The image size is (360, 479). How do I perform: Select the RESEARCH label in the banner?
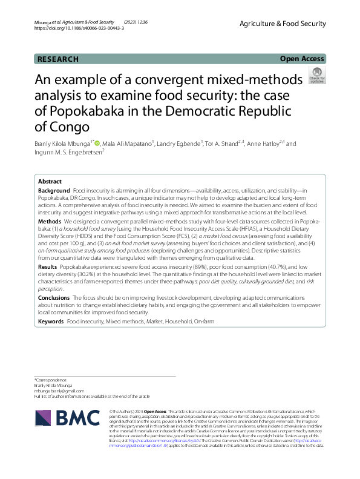tap(58, 59)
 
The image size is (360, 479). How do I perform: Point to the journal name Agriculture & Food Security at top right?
tap(283, 24)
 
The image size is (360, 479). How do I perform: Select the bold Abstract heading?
tap(50, 182)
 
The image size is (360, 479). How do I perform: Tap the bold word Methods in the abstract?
tap(49, 222)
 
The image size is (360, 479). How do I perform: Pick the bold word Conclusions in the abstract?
tap(54, 298)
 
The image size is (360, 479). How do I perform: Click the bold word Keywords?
tap(51, 321)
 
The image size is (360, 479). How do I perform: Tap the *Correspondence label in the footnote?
tap(51, 379)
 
